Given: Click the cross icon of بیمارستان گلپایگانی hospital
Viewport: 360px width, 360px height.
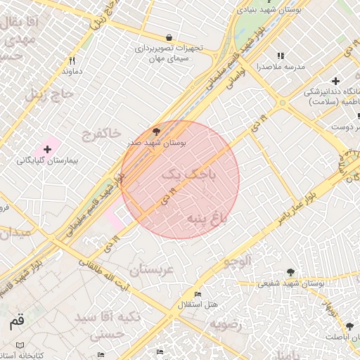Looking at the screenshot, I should (x=47, y=149).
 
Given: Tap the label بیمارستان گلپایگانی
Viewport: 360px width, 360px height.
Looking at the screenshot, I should (x=47, y=161).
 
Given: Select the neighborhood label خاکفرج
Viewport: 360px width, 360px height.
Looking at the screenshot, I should (x=101, y=133).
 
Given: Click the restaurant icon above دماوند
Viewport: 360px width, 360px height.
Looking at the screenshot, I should (x=72, y=61).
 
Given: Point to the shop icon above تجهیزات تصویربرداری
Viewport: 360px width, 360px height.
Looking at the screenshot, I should (x=169, y=37).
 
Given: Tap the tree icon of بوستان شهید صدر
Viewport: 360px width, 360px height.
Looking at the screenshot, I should (x=156, y=131).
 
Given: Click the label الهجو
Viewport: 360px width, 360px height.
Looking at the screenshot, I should (x=237, y=262).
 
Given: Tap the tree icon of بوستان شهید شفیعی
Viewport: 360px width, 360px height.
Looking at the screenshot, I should (x=290, y=273).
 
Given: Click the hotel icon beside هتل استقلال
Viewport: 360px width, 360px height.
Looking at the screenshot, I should (x=198, y=294).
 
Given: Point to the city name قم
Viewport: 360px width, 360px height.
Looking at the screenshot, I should (x=16, y=323).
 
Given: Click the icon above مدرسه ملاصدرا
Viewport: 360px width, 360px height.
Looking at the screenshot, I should (x=281, y=56).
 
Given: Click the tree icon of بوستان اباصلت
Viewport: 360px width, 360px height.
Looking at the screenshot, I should (x=349, y=326).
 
